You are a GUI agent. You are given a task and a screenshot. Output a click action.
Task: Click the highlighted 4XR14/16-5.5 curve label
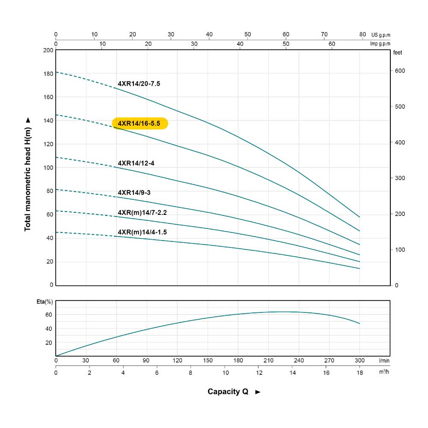click(x=140, y=123)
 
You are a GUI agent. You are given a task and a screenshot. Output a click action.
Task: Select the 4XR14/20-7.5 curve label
click(x=139, y=84)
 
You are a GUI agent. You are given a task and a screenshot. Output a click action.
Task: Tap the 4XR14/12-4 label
click(x=136, y=163)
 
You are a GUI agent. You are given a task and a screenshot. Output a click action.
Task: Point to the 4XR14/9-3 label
click(x=134, y=192)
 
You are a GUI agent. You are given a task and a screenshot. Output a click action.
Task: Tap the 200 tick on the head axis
click(x=48, y=50)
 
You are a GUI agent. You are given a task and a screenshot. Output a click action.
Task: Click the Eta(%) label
click(x=45, y=302)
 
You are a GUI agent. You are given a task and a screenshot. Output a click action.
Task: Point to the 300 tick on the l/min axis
click(x=360, y=360)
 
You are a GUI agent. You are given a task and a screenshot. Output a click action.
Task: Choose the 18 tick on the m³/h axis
click(x=360, y=372)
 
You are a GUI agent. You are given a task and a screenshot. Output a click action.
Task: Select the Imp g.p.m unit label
click(x=380, y=44)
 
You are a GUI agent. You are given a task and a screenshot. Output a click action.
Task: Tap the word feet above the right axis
click(x=398, y=52)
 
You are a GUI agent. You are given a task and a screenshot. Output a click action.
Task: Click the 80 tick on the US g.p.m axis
click(x=363, y=34)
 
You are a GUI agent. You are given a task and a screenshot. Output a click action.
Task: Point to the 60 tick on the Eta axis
click(x=48, y=314)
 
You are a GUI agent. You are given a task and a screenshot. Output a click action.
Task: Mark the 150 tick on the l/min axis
click(x=208, y=360)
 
